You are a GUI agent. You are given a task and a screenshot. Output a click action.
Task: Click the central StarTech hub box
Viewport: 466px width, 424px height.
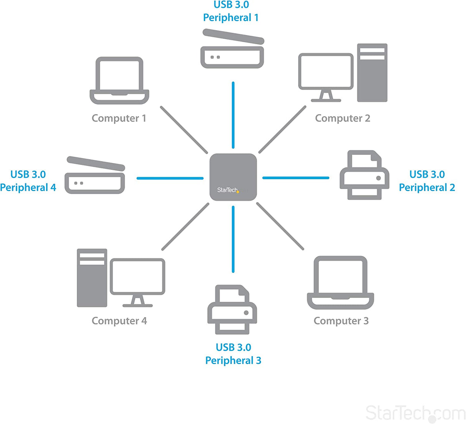233,177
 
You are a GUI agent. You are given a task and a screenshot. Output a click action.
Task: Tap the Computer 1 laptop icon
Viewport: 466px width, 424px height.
119,81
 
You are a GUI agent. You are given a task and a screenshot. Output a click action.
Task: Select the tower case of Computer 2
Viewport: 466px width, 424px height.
372,73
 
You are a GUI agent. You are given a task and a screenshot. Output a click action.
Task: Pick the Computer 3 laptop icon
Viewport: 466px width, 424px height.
340,282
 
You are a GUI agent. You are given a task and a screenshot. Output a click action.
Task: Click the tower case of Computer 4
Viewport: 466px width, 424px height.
92,278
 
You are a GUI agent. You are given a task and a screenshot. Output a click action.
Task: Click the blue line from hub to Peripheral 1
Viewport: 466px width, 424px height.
233,115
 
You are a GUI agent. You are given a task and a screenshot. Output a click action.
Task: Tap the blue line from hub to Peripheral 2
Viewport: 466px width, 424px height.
296,178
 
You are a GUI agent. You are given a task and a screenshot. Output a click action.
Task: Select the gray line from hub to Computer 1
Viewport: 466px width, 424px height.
183,130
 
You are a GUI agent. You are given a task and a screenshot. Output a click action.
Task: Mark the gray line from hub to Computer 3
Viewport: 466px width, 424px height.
280,226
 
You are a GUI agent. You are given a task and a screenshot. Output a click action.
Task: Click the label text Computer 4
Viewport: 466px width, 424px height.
119,321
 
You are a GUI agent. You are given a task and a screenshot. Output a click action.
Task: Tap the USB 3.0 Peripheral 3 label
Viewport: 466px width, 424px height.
233,354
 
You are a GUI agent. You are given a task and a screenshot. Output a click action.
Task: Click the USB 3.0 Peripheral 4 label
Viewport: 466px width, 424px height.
28,181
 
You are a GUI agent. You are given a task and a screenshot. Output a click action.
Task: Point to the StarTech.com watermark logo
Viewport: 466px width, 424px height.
415,413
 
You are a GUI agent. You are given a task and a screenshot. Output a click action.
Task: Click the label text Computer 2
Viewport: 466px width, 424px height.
342,118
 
